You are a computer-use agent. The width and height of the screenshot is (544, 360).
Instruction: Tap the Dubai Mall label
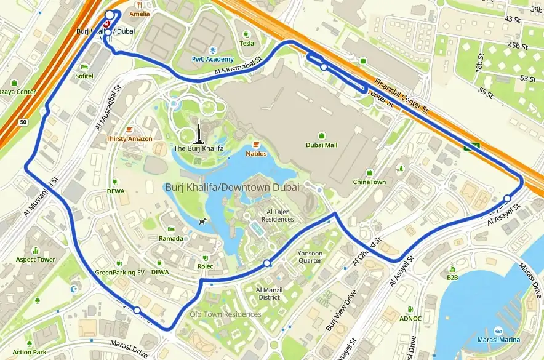click(322, 145)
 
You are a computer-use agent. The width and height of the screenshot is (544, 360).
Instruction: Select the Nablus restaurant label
click(256, 153)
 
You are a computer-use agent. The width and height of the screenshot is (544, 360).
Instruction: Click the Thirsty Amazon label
click(129, 138)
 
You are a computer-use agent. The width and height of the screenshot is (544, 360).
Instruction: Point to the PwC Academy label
click(213, 59)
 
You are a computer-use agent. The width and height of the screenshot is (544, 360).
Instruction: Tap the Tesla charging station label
click(246, 43)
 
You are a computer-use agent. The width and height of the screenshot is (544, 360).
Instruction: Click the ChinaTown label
click(369, 182)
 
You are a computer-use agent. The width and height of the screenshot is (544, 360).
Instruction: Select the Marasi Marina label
click(498, 340)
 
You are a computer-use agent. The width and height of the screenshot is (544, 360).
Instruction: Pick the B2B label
click(452, 277)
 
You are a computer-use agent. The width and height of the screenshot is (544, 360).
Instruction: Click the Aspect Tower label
click(36, 259)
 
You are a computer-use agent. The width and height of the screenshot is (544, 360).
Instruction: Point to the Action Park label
click(30, 352)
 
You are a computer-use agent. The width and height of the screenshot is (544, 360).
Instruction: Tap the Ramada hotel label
click(171, 238)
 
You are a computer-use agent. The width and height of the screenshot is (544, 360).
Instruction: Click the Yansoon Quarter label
click(310, 256)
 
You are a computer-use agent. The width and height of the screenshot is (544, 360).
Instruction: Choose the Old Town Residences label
click(225, 314)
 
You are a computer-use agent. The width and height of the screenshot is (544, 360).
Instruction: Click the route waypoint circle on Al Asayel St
click(507, 198)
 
